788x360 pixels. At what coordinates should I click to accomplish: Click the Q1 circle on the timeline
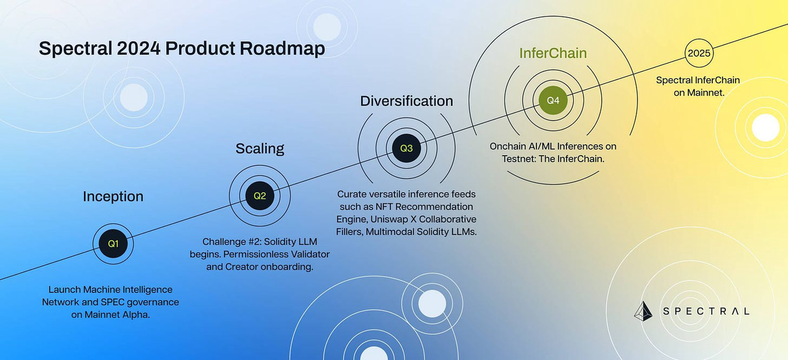pyautogui.click(x=113, y=244)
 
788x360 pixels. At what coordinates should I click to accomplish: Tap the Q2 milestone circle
pyautogui.click(x=260, y=196)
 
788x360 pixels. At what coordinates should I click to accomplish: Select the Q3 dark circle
pyautogui.click(x=406, y=148)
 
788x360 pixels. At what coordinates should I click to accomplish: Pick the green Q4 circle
pyautogui.click(x=553, y=100)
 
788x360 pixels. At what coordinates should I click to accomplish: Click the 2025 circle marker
pyautogui.click(x=699, y=53)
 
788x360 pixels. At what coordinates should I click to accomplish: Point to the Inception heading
pyautogui.click(x=113, y=196)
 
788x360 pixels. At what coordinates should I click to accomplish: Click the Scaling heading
pyautogui.click(x=260, y=149)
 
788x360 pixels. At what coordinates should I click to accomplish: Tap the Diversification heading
pyautogui.click(x=406, y=101)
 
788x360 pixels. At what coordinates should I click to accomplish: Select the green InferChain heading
pyautogui.click(x=553, y=53)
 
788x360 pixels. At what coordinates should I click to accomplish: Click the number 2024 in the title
pyautogui.click(x=139, y=48)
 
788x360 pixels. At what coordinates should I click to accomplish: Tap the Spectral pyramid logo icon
pyautogui.click(x=643, y=311)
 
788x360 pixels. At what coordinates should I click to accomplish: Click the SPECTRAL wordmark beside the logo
pyautogui.click(x=706, y=311)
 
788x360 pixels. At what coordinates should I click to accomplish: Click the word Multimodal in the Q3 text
pyautogui.click(x=390, y=231)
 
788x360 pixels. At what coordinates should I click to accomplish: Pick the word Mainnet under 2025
pyautogui.click(x=706, y=93)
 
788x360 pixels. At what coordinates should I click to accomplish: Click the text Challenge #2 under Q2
pyautogui.click(x=232, y=242)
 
